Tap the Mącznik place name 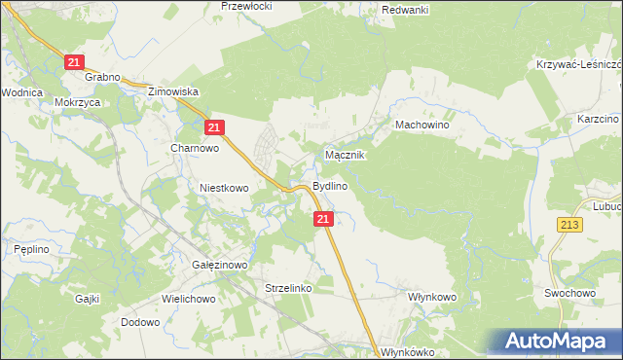click(345, 155)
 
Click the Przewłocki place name click(246, 6)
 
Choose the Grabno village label click(102, 77)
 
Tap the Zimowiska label click(172, 91)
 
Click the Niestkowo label click(225, 188)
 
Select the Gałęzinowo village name click(221, 264)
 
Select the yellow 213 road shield click(570, 225)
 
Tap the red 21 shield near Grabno click(76, 62)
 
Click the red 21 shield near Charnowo click(216, 126)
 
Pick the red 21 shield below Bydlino click(325, 221)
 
